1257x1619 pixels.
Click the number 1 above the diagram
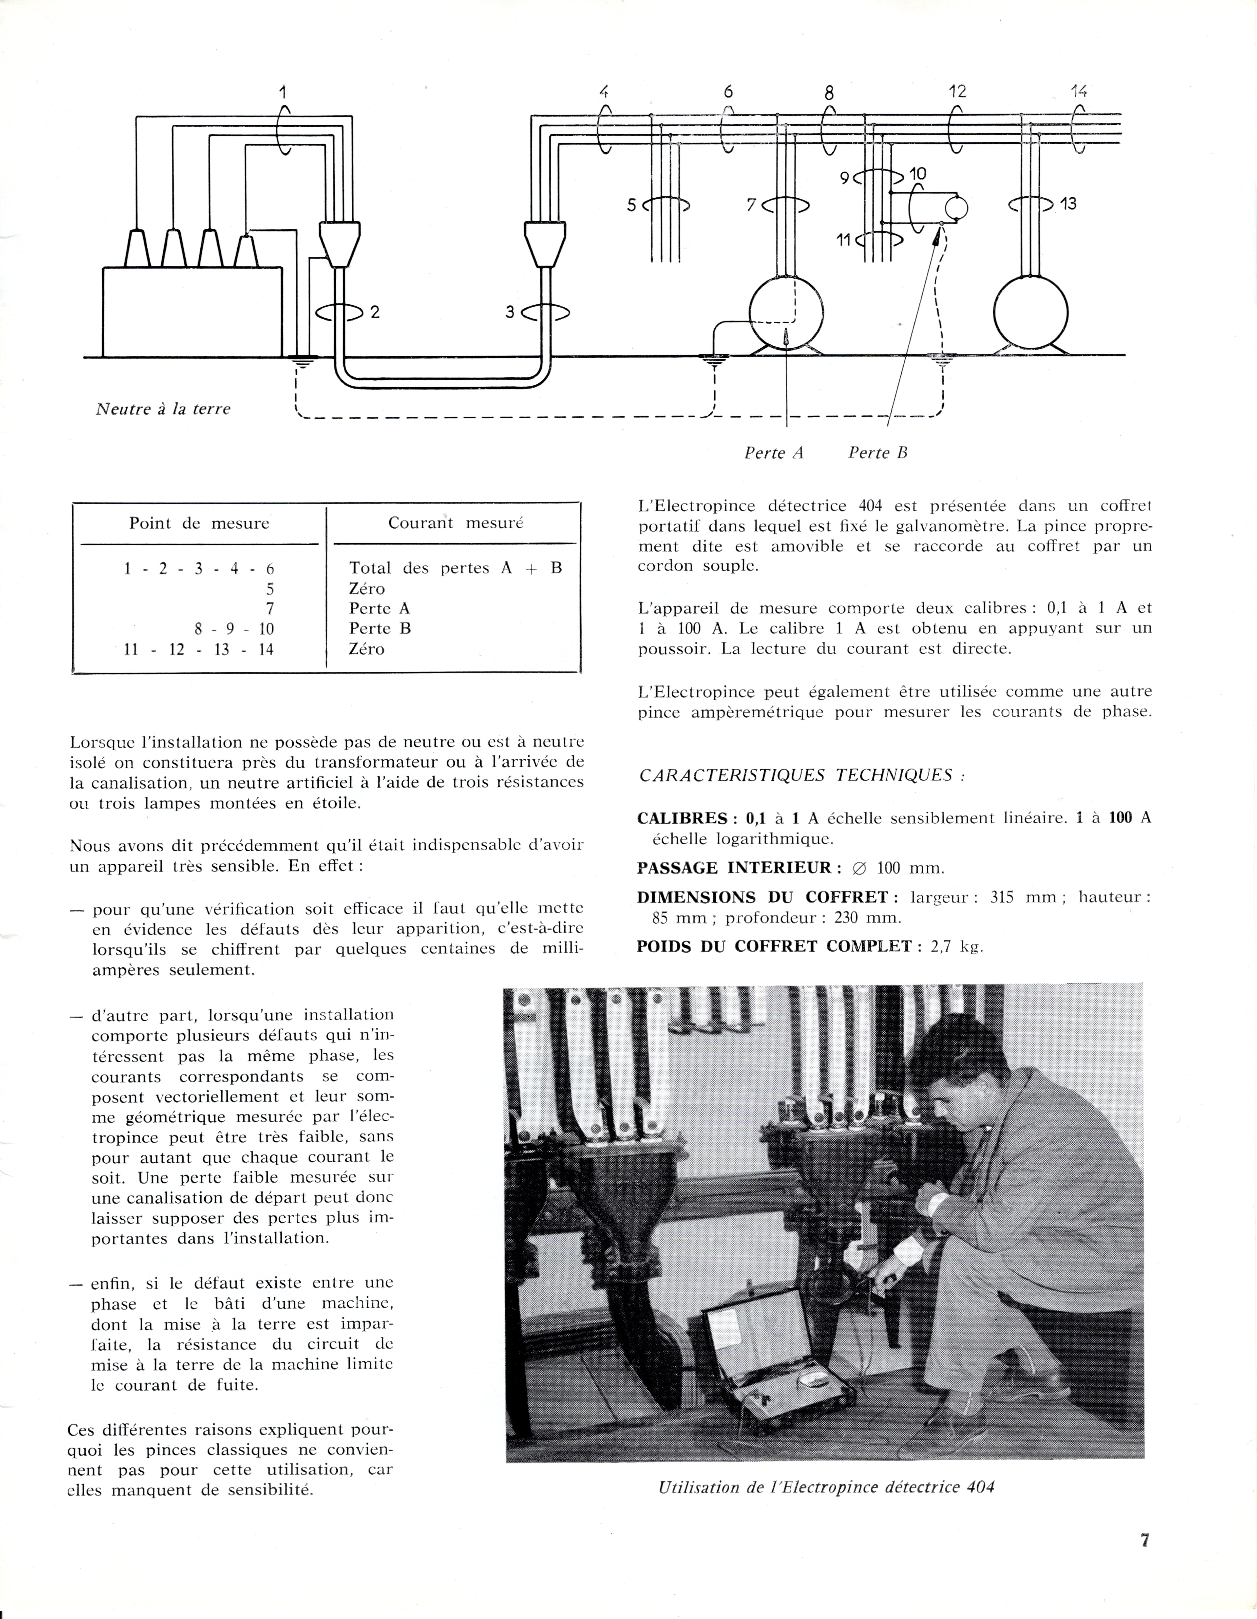click(x=282, y=93)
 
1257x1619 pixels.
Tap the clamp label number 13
click(x=1068, y=203)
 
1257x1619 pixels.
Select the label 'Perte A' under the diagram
click(x=774, y=453)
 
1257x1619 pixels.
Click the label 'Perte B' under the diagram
click(x=878, y=453)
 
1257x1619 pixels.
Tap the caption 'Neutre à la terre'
click(x=163, y=408)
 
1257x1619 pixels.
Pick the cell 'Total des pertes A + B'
click(x=455, y=569)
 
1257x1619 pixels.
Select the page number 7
click(x=1144, y=1540)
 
